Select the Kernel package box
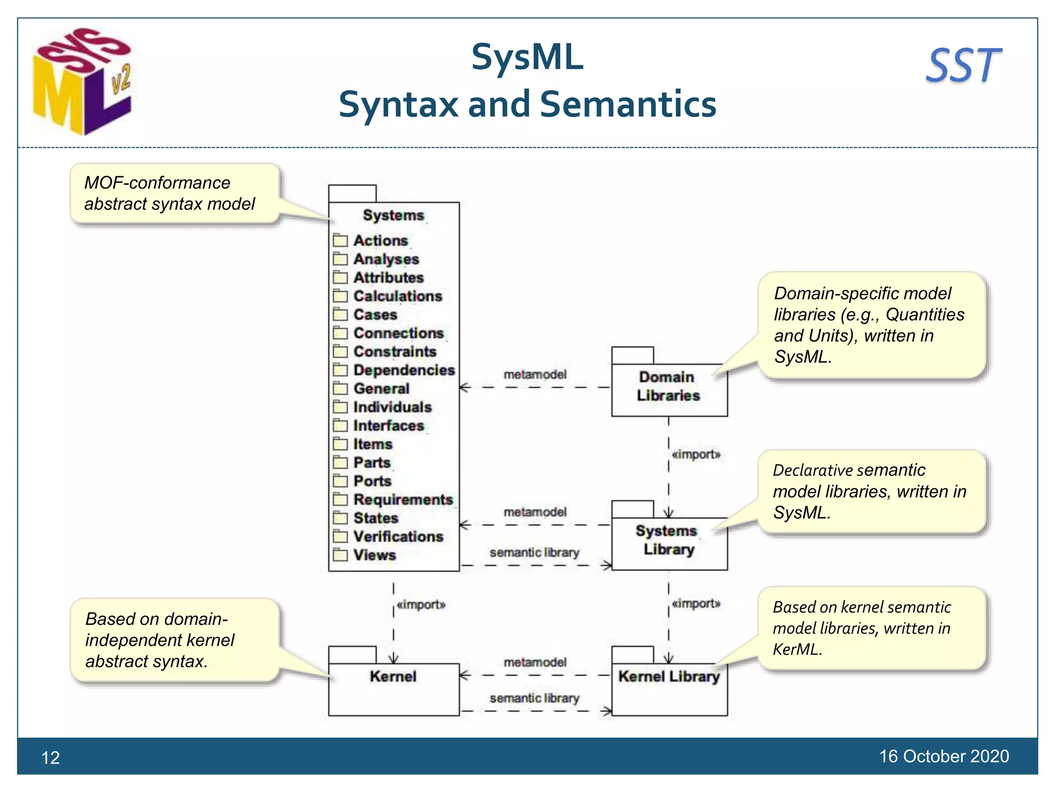tap(393, 688)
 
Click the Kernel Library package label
tap(669, 676)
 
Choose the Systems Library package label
tap(666, 540)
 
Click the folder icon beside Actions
tap(340, 240)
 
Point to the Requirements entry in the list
tap(403, 500)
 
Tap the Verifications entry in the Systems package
tap(398, 537)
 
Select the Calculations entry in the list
tap(398, 296)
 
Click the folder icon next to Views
tap(340, 555)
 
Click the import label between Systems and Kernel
tap(421, 604)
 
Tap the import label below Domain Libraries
tap(696, 454)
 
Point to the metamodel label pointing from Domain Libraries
tap(535, 374)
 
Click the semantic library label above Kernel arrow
tap(534, 698)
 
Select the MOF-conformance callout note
tap(174, 193)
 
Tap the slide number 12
tap(51, 757)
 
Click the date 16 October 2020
tap(944, 756)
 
